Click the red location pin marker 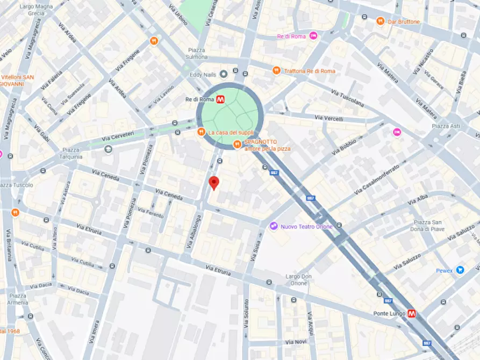coord(214,183)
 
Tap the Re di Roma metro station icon coord(221,99)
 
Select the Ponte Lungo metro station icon coord(412,313)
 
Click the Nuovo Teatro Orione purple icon coord(274,226)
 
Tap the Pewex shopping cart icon coord(460,270)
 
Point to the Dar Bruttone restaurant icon coord(380,21)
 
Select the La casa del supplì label coord(231,132)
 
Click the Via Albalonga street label coord(194,232)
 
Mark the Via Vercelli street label coord(328,118)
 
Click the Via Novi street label coord(296,342)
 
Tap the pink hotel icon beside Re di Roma coord(313,36)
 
